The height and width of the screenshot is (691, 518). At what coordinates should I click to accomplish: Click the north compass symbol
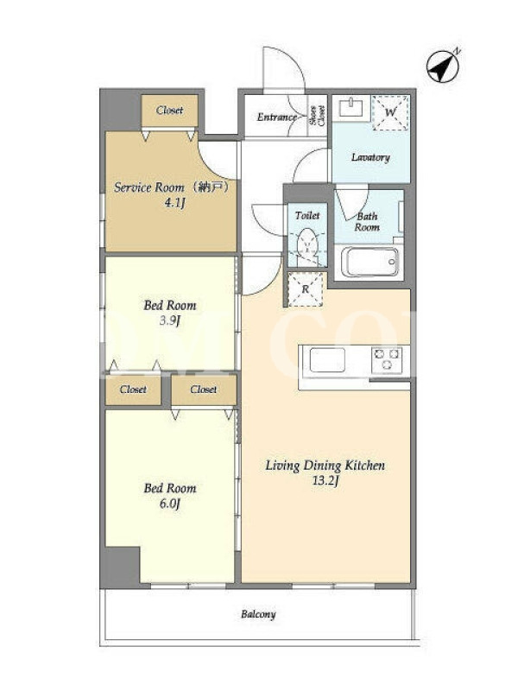(x=443, y=67)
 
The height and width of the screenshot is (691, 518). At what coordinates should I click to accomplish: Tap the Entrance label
(x=277, y=117)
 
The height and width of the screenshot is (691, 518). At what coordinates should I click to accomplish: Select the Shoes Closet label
(x=317, y=116)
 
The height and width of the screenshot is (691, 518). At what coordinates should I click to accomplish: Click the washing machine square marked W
(x=390, y=112)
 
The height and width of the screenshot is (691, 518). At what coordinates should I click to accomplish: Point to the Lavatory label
(x=370, y=157)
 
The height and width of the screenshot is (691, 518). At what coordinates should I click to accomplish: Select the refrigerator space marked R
(x=306, y=289)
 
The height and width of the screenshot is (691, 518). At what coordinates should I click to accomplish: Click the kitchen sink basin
(x=327, y=360)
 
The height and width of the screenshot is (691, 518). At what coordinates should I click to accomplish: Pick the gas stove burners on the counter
(x=387, y=358)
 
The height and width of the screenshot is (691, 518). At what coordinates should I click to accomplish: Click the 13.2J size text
(x=325, y=481)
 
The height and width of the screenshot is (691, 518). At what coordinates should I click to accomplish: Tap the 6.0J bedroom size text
(x=170, y=504)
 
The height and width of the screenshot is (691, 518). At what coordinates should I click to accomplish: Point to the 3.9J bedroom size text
(x=170, y=320)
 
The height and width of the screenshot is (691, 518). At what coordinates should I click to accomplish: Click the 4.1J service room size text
(x=175, y=203)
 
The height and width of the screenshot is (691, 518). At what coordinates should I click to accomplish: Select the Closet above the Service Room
(x=169, y=111)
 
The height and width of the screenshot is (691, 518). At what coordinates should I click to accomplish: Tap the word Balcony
(x=258, y=614)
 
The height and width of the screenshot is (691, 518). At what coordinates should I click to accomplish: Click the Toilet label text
(x=307, y=215)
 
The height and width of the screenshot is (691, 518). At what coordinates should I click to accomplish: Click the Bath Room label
(x=368, y=222)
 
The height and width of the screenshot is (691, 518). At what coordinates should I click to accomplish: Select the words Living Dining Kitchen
(x=325, y=466)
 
